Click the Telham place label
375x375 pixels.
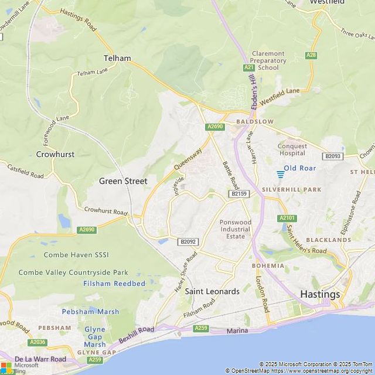click(117, 58)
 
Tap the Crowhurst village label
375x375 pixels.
click(56, 155)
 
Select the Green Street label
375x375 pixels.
click(123, 181)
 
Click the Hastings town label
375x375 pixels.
click(320, 294)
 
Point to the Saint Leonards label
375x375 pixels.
click(212, 291)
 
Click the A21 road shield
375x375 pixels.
click(248, 68)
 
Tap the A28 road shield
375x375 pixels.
click(311, 55)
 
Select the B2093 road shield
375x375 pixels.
click(333, 156)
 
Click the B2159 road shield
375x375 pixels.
click(238, 193)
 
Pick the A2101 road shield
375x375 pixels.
click(287, 218)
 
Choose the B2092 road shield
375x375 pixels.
click(188, 241)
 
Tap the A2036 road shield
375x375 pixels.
click(36, 342)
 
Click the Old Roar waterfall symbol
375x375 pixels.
click(281, 175)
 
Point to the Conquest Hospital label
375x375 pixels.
click(292, 149)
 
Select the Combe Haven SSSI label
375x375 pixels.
click(76, 255)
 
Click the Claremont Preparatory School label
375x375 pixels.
click(268, 60)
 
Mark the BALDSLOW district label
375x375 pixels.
click(255, 122)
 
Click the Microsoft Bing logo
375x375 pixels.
click(20, 367)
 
